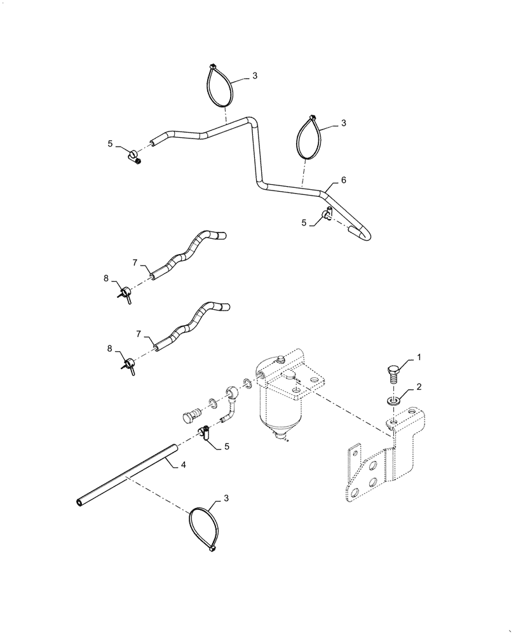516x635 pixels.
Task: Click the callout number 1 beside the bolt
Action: [419, 359]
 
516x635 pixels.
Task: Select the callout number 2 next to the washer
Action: [419, 387]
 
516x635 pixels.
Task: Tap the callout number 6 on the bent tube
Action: [343, 180]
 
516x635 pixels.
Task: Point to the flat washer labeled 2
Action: [393, 401]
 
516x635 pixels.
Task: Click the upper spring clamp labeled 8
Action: [126, 292]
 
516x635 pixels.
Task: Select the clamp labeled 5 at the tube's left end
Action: [135, 156]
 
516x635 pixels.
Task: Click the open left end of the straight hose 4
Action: [79, 503]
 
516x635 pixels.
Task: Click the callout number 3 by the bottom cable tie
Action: [223, 502]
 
